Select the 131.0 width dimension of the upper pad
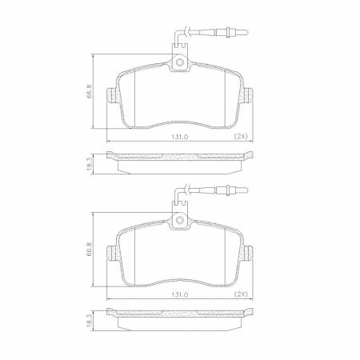click(x=181, y=137)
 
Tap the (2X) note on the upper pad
click(x=240, y=137)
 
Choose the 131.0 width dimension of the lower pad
click(x=181, y=294)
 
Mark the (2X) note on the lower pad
click(x=240, y=294)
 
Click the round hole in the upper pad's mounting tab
click(x=181, y=62)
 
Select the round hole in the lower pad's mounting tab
click(x=181, y=220)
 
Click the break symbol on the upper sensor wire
click(x=186, y=33)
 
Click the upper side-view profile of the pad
click(x=181, y=162)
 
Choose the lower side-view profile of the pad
click(x=181, y=320)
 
